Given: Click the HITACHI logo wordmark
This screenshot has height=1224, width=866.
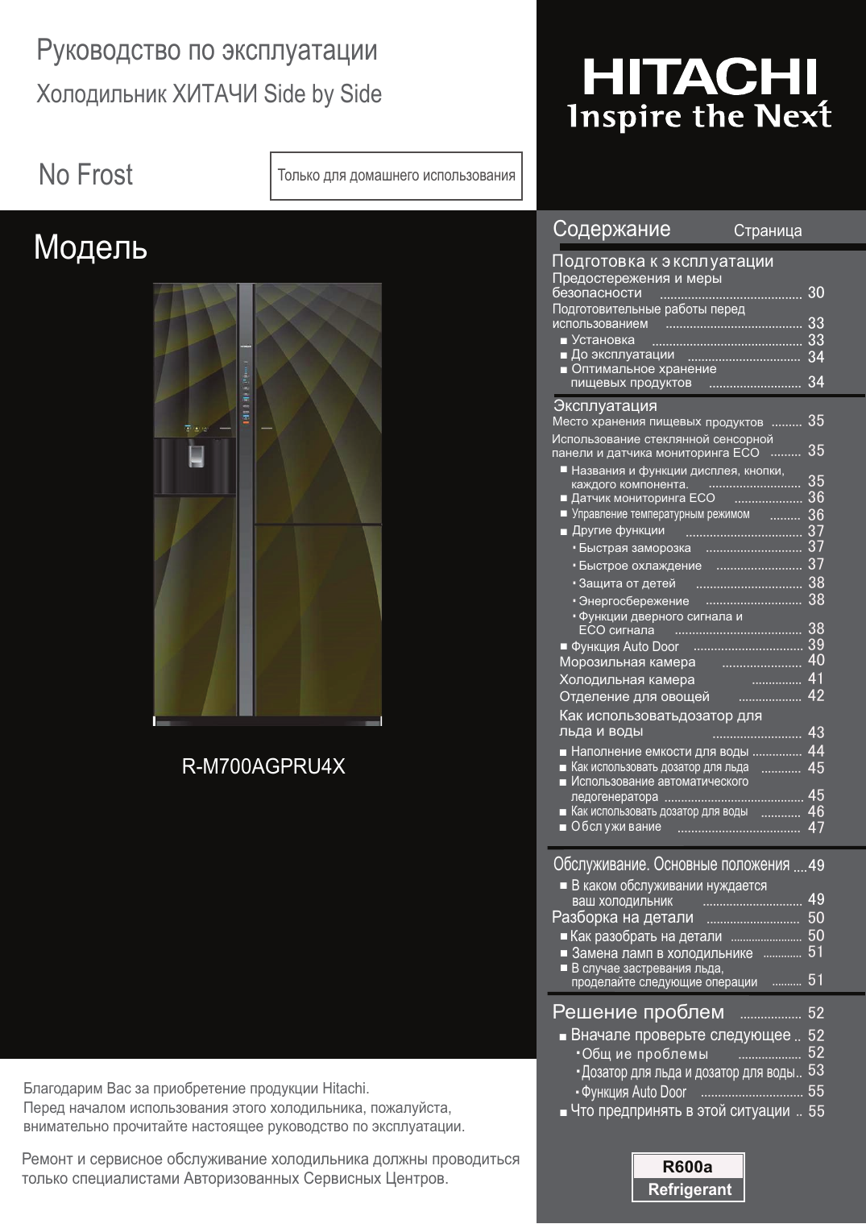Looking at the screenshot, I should [x=699, y=78].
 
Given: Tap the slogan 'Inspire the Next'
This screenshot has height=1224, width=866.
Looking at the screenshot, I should [x=699, y=116].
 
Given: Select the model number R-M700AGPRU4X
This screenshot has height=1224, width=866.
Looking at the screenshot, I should [x=263, y=766].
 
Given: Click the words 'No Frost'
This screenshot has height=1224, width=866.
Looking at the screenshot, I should [x=85, y=175].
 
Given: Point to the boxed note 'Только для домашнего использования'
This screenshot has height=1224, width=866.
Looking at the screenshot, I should [x=396, y=176].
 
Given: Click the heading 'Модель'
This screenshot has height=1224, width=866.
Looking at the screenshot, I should [x=90, y=248].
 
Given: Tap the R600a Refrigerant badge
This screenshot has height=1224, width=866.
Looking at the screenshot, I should [x=688, y=1177].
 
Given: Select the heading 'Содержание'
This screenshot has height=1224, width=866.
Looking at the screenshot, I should [x=611, y=230].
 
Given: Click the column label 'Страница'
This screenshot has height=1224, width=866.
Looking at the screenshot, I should [x=768, y=231].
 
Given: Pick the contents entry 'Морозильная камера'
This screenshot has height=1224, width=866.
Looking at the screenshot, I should [x=628, y=662].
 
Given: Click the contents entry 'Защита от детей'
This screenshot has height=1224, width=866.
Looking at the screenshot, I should [x=627, y=583].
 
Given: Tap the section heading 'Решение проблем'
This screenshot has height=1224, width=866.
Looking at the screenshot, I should [x=638, y=1012].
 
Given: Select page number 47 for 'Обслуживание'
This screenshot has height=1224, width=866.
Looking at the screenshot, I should [x=816, y=828].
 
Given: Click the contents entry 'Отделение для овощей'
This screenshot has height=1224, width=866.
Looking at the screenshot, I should [x=635, y=696].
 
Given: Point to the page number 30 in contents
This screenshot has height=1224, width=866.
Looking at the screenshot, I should [x=816, y=293].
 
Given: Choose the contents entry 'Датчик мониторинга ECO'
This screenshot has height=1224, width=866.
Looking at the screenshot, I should [x=643, y=498].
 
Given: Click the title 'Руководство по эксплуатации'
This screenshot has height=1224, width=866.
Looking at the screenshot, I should [x=207, y=51].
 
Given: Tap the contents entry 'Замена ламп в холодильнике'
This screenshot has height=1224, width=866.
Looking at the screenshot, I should [x=662, y=953].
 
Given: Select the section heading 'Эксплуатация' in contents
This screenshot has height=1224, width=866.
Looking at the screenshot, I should [x=605, y=406].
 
